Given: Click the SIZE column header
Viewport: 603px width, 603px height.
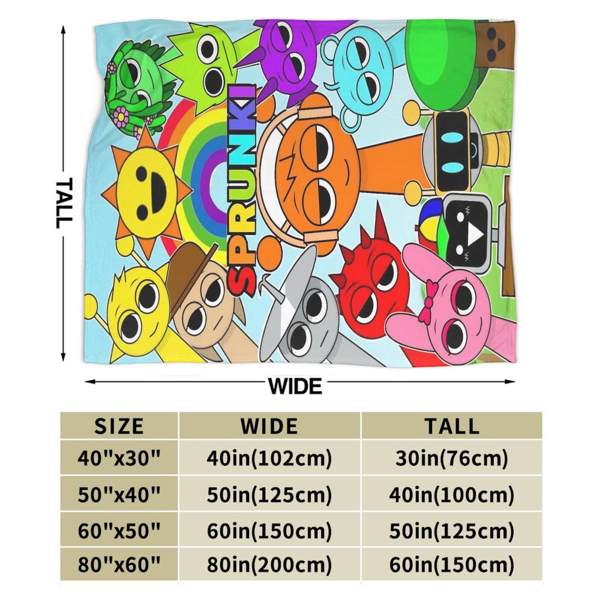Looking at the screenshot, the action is pos(119,426).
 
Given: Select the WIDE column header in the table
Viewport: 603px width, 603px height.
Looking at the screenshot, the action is pos(269,426).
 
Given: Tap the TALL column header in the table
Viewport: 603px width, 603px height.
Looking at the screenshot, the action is pos(452,426).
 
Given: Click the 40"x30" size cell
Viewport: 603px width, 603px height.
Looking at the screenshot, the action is pos(119,458).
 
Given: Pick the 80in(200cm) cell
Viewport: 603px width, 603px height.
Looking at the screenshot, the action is pos(269,565).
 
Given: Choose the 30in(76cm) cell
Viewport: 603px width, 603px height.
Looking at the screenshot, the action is pos(452,458).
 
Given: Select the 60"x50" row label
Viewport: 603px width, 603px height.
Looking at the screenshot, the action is pos(119,531).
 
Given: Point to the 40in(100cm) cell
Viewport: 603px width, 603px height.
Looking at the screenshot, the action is pos(452,495).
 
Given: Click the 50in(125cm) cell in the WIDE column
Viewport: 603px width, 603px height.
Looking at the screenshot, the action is pos(269,495).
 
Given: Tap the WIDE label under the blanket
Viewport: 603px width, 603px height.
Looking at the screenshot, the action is pos(295,386).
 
